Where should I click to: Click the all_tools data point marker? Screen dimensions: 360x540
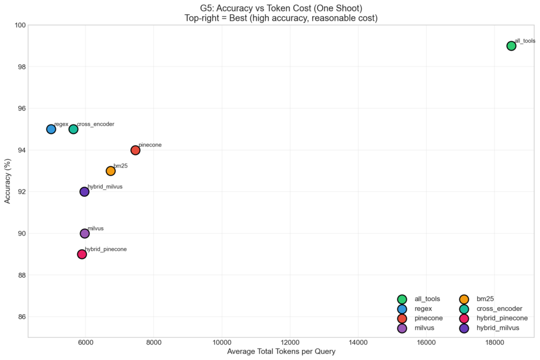pos(511,46)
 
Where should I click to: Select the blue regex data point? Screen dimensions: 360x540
pos(51,129)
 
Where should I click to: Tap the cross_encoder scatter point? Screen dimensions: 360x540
pos(73,129)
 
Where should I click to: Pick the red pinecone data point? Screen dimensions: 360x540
pos(135,150)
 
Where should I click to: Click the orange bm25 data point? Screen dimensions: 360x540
pos(110,171)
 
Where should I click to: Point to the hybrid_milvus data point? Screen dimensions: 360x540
pos(84,192)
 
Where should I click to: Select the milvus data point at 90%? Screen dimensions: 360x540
pos(84,233)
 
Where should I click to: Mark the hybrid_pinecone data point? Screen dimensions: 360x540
pos(82,254)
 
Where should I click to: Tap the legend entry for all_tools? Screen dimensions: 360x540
pos(427,299)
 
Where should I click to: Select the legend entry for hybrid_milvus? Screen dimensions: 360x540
pos(497,328)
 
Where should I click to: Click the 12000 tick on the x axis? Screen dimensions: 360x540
pos(290,343)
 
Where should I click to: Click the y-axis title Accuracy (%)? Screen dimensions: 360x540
pos(7,181)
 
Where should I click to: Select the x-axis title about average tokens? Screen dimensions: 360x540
pos(281,352)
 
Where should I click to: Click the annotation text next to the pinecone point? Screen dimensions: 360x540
pos(150,144)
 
